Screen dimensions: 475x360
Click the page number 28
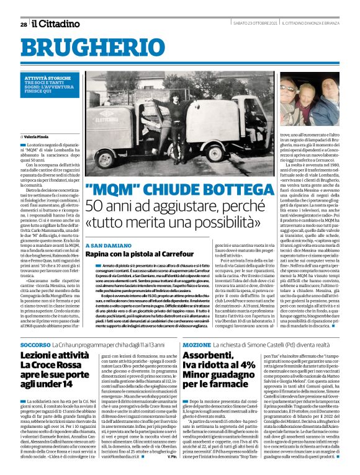pos(23,24)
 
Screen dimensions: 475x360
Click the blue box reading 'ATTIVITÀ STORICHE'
pos(50,79)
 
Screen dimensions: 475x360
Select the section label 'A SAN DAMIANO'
pos(107,246)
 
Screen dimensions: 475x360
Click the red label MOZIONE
pos(197,344)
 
